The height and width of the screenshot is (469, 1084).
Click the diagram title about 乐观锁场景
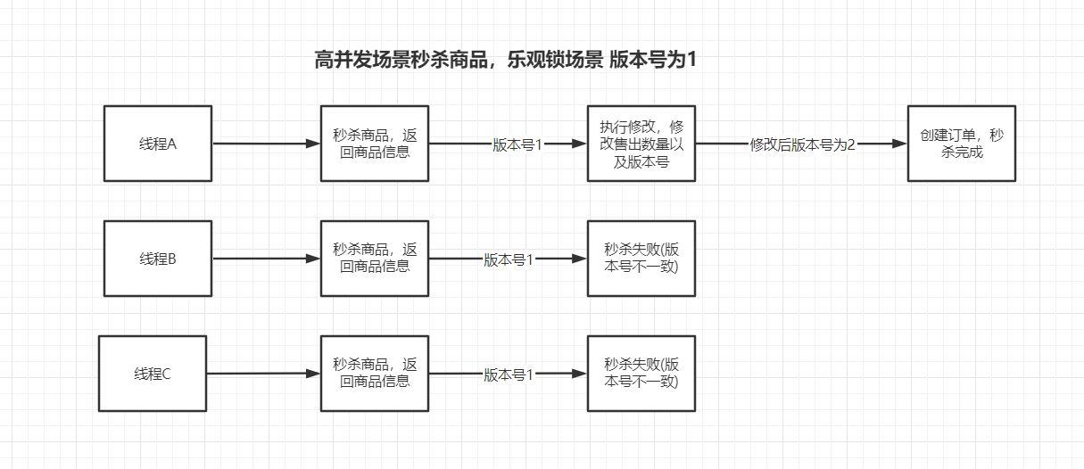pyautogui.click(x=505, y=61)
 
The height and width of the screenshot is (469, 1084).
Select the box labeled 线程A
pyautogui.click(x=158, y=144)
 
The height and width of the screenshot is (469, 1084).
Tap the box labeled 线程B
pyautogui.click(x=158, y=259)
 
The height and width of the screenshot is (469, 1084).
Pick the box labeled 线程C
pyautogui.click(x=153, y=374)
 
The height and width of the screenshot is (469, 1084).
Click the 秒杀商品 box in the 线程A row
pyautogui.click(x=375, y=144)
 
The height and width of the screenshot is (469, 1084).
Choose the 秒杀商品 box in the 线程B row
pyautogui.click(x=375, y=259)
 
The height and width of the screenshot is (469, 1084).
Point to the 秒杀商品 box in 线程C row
pyautogui.click(x=375, y=374)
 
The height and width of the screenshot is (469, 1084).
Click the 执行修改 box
pyautogui.click(x=641, y=144)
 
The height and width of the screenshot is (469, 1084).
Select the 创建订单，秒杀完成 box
pyautogui.click(x=961, y=144)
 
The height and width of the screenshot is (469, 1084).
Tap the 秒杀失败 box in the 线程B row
pyautogui.click(x=641, y=259)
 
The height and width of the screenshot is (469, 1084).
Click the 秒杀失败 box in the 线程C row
pyautogui.click(x=641, y=374)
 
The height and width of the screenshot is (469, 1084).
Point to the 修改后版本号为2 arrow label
pyautogui.click(x=802, y=144)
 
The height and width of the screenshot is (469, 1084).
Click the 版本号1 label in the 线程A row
pyautogui.click(x=517, y=144)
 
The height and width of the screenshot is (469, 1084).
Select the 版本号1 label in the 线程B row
pyautogui.click(x=509, y=259)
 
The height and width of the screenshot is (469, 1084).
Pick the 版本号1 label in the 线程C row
pyautogui.click(x=509, y=374)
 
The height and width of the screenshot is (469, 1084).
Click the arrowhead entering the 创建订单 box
pyautogui.click(x=899, y=144)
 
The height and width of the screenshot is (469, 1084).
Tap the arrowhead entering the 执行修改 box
pyautogui.click(x=579, y=144)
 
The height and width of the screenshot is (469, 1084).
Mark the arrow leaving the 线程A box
pyautogui.click(x=266, y=144)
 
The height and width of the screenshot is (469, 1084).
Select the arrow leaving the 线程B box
pyautogui.click(x=266, y=259)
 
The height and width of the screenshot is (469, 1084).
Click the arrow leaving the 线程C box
pyautogui.click(x=263, y=374)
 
